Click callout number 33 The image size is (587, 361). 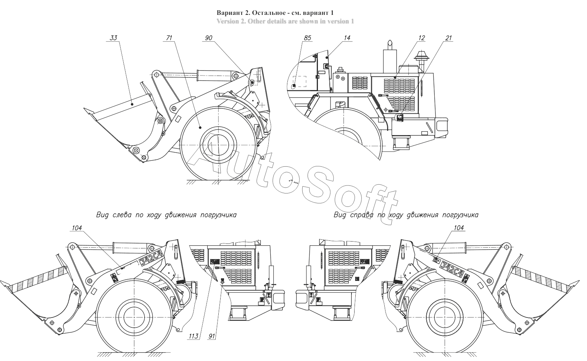click(x=113, y=38)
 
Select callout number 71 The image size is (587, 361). click(x=169, y=38)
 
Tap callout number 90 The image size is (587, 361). click(x=208, y=38)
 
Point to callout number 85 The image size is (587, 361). click(x=307, y=38)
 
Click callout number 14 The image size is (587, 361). click(x=347, y=38)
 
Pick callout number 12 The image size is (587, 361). click(x=421, y=38)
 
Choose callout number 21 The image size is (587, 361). click(x=448, y=38)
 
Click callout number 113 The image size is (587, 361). click(x=194, y=336)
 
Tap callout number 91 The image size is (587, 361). click(x=211, y=336)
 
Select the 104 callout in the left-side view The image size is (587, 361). click(x=77, y=228)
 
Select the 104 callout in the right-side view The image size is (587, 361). click(x=459, y=228)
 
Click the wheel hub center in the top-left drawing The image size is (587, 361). click(x=218, y=145)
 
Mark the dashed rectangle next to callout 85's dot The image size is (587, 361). click(x=300, y=82)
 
